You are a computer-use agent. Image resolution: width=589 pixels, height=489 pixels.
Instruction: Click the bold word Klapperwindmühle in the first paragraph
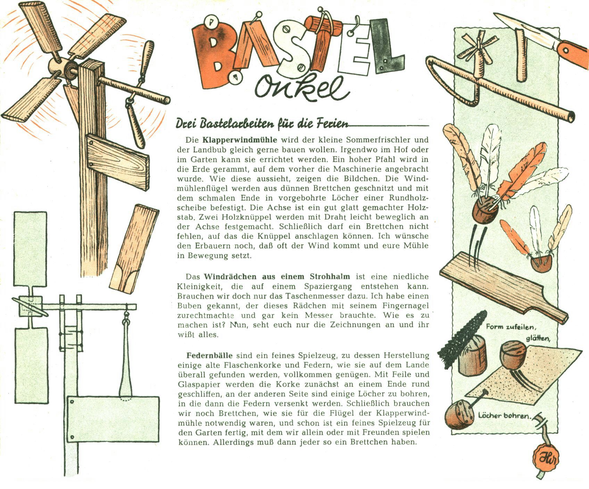point(240,140)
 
